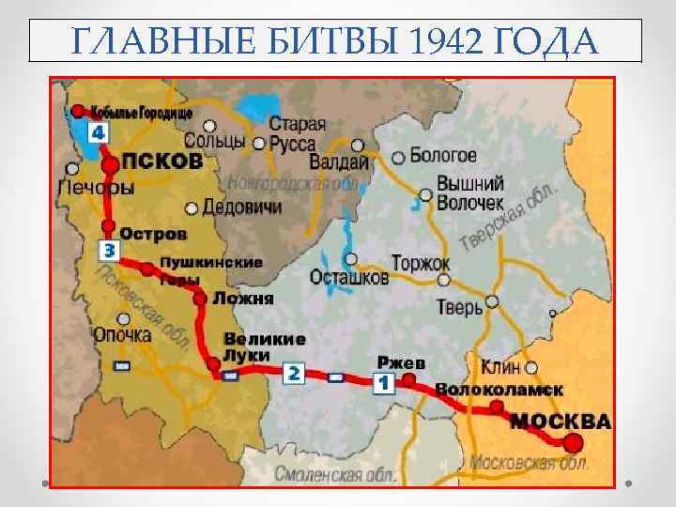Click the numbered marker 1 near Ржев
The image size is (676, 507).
tap(383, 382)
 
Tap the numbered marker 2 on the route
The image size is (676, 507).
tap(293, 374)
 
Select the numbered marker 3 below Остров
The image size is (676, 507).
tap(109, 251)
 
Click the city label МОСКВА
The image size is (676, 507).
tap(561, 420)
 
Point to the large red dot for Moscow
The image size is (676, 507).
tap(572, 442)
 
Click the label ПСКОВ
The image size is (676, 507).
tap(162, 161)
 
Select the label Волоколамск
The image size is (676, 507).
tap(499, 389)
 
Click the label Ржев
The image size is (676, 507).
tap(402, 362)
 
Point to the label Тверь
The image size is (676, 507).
tap(459, 306)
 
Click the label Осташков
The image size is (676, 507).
tap(348, 278)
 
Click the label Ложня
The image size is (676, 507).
tap(243, 299)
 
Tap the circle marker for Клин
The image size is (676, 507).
tap(532, 367)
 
